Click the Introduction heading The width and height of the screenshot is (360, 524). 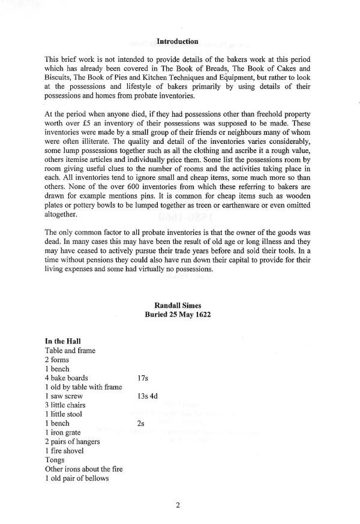pos(177,41)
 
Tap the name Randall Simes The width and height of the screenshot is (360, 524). pos(177,305)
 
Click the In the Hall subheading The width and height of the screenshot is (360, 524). pos(63,342)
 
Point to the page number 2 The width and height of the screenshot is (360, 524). pos(178,504)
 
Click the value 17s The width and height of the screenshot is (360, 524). pos(143,378)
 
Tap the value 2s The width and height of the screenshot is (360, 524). pos(141,423)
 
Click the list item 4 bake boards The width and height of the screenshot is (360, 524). pos(67,378)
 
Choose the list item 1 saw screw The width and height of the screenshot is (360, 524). pos(64,396)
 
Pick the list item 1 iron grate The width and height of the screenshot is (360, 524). pos(64,432)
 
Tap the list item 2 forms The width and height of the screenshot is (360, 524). pos(57,360)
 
